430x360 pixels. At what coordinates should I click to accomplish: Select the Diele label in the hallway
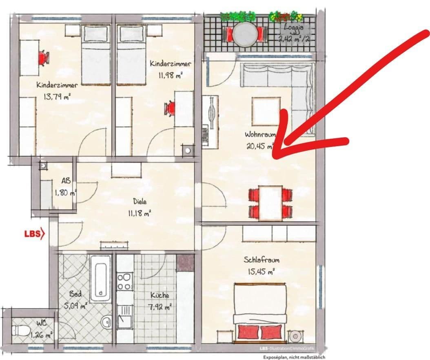[x=139, y=201]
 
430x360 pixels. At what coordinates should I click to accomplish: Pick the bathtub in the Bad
[x=100, y=278]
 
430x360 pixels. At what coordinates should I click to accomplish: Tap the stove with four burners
[x=125, y=281]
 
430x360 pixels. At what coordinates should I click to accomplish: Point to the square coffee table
[x=266, y=111]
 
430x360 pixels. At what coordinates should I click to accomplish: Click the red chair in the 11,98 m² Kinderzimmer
[x=170, y=109]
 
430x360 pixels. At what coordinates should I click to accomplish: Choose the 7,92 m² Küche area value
[x=160, y=307]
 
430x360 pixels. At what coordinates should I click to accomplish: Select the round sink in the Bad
[x=106, y=322]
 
